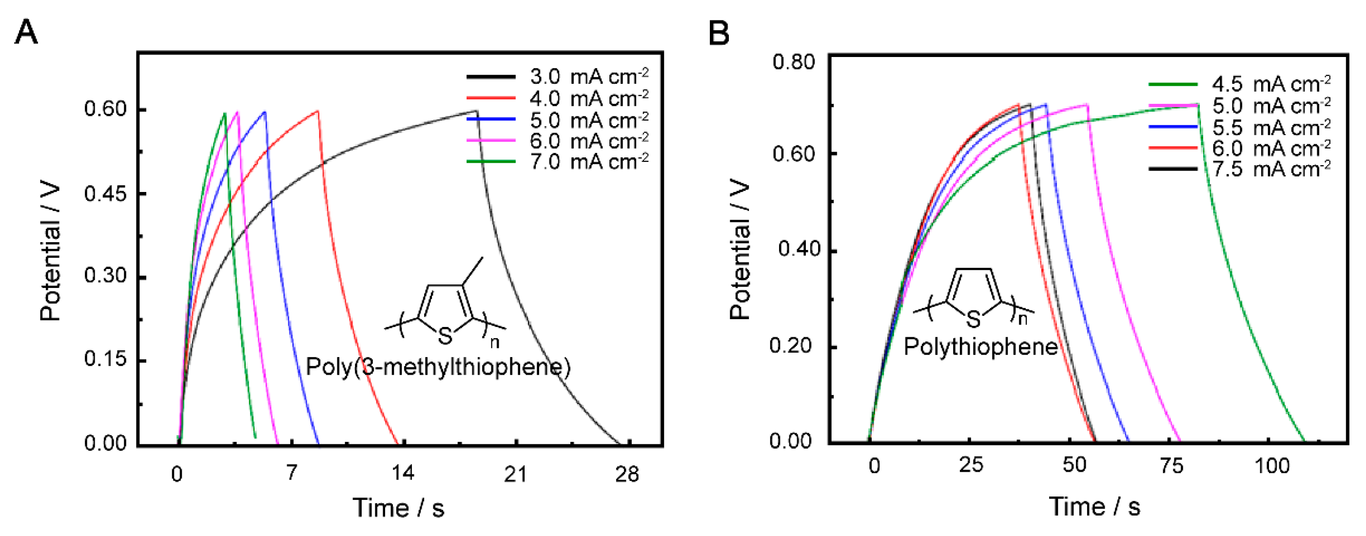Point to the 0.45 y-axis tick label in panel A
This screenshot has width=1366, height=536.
click(105, 194)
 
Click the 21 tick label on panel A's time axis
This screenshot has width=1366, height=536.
click(515, 474)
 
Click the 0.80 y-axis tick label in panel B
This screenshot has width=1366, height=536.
click(793, 62)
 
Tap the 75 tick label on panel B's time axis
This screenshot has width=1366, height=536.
click(1171, 466)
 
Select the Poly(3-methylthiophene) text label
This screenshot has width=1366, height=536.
click(438, 367)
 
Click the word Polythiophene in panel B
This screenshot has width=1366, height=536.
click(980, 347)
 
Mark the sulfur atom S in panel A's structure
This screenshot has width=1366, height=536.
click(445, 335)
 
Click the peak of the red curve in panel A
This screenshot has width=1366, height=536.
click(318, 111)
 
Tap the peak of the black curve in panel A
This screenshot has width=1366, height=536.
click(476, 111)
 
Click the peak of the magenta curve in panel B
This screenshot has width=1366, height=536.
click(1087, 104)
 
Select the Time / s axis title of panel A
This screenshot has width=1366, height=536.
click(398, 507)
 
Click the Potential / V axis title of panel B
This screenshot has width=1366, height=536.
click(739, 249)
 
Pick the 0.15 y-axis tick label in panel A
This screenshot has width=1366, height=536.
click(105, 360)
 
